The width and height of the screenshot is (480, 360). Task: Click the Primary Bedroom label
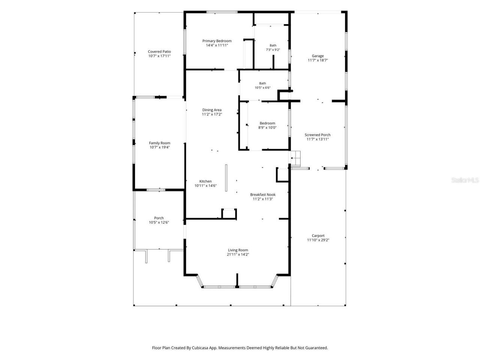(x=217, y=41)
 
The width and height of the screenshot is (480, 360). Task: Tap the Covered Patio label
(x=159, y=52)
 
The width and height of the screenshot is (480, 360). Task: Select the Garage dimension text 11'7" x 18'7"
(x=318, y=60)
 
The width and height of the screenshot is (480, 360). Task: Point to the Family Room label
(x=159, y=143)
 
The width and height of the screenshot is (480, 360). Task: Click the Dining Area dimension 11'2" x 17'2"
(x=211, y=114)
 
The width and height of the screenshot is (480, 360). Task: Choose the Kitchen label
(x=205, y=181)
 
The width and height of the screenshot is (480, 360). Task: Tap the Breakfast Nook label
(x=262, y=195)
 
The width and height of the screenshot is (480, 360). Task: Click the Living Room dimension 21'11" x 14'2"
(x=238, y=254)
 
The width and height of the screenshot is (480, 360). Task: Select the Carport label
(x=318, y=235)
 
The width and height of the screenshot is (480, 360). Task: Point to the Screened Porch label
(x=318, y=135)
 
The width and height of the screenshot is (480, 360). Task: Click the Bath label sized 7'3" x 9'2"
(x=273, y=45)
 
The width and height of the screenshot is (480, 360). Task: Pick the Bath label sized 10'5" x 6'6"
(x=262, y=83)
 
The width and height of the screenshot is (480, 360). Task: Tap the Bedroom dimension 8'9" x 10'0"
(x=267, y=127)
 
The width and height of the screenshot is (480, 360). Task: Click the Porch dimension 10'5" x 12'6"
(x=159, y=222)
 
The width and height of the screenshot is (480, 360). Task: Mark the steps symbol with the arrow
(x=295, y=158)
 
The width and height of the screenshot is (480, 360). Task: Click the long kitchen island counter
(x=226, y=178)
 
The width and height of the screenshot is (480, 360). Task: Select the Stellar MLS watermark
(x=465, y=180)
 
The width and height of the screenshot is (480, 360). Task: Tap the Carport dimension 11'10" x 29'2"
(x=318, y=240)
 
